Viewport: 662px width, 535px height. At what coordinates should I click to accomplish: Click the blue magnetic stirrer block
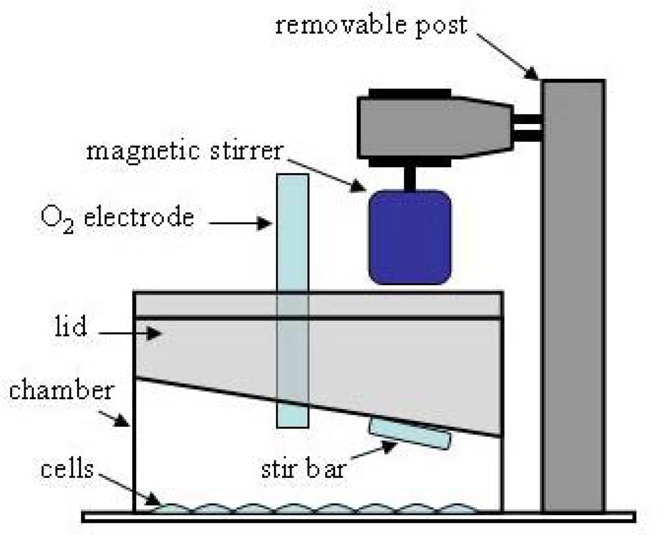(x=410, y=237)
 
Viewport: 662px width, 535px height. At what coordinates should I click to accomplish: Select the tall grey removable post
(x=573, y=294)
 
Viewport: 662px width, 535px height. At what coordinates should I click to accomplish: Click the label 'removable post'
(x=371, y=25)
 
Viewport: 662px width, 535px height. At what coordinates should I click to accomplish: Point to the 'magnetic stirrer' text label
(x=184, y=151)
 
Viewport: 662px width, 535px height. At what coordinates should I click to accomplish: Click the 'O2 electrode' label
(x=117, y=218)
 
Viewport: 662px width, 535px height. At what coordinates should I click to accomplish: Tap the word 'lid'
(x=71, y=326)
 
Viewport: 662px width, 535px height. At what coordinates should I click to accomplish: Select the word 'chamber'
(x=61, y=390)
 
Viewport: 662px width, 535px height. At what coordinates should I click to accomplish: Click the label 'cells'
(x=67, y=469)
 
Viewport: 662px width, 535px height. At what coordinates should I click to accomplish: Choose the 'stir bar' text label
(x=303, y=469)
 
